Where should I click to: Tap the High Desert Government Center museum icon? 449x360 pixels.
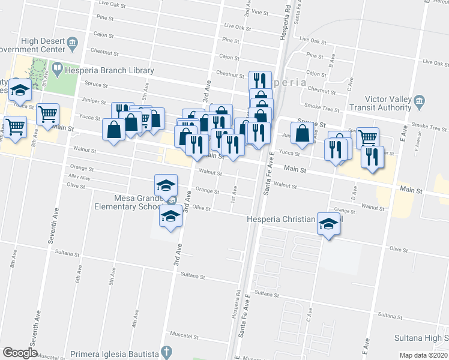pyautogui.click(x=73, y=42)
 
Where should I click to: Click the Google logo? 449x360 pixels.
pyautogui.click(x=20, y=353)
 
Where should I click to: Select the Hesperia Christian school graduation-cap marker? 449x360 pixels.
pyautogui.click(x=328, y=224)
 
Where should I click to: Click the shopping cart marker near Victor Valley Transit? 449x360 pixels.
pyautogui.click(x=367, y=137)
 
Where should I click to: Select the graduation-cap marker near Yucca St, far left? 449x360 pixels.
pyautogui.click(x=20, y=90)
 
